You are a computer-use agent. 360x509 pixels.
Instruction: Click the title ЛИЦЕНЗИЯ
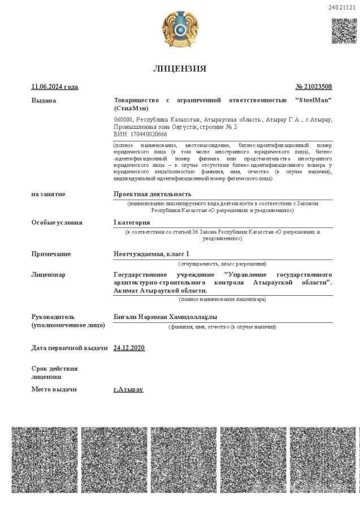point(179,68)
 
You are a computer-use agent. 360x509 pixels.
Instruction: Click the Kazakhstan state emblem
point(180,29)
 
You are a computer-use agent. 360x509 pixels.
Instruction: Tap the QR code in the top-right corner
point(344,31)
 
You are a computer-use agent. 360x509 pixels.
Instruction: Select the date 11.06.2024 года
point(54,87)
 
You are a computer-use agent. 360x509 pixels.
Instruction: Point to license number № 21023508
point(314,87)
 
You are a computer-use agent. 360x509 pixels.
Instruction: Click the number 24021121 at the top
point(342,7)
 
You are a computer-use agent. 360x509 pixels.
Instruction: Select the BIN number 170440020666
point(149,135)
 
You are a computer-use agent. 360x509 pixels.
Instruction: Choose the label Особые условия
point(57,222)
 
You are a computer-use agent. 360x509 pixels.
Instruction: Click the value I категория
point(132,222)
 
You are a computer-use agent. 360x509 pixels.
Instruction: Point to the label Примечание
point(51,254)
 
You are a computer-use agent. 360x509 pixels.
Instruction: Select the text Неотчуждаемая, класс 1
point(151,254)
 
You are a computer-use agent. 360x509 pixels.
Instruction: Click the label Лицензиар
point(48,274)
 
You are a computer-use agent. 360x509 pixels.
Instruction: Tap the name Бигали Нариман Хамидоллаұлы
point(165,317)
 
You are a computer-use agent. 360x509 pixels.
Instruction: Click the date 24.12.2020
point(129,347)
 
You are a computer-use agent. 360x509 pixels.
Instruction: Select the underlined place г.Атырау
point(128,389)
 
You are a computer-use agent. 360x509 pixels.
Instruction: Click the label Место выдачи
point(54,389)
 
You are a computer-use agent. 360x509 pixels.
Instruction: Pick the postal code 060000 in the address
point(123,120)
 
